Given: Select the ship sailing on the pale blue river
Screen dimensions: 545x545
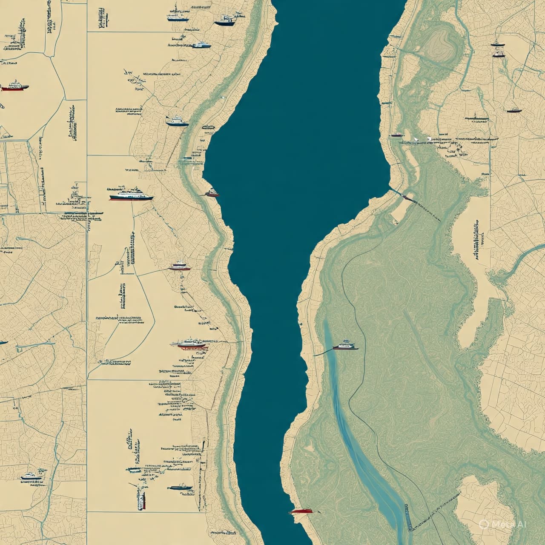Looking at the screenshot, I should coord(345,346).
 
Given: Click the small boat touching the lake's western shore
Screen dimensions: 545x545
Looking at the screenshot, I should coord(212,194).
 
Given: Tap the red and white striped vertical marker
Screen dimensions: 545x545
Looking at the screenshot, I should coord(141,499).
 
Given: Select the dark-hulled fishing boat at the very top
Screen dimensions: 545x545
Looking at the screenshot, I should coord(225,20).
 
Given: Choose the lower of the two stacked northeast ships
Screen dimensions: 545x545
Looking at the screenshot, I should coord(499,54).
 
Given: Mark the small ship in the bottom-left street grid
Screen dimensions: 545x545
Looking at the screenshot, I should coord(31,476).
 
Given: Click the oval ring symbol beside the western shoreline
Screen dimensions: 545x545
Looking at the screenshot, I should coord(208,127).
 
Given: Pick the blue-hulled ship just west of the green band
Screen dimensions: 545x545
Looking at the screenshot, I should coord(177,122).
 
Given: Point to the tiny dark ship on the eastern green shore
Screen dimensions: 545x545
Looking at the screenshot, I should coord(396,135).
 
